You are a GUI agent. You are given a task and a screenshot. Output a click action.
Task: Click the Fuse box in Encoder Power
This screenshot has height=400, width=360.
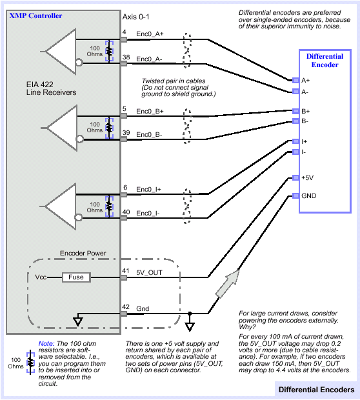(76, 277)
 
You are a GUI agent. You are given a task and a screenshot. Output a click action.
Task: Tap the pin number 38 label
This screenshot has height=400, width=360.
(126, 57)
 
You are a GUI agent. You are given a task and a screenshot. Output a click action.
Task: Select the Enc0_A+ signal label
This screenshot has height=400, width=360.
(150, 34)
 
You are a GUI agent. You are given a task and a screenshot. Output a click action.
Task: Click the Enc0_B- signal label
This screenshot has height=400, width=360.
(149, 134)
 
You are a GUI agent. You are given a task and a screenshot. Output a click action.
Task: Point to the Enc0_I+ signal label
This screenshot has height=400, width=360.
(148, 189)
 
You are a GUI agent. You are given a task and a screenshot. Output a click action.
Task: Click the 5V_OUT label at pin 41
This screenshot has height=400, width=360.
(149, 273)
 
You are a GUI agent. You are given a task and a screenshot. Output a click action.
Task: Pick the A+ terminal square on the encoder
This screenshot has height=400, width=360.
(295, 80)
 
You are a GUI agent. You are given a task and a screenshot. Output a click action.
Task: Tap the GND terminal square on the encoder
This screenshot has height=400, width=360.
(295, 195)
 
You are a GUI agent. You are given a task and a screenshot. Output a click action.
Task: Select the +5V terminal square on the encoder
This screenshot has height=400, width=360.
(295, 177)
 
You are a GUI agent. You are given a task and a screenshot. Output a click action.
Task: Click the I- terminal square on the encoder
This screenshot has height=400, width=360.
(295, 152)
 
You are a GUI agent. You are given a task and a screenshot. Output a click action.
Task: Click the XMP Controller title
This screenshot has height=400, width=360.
(35, 16)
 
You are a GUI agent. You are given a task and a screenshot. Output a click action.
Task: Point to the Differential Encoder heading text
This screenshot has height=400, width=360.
(325, 61)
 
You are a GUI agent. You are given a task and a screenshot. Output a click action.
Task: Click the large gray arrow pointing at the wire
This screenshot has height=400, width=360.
(228, 283)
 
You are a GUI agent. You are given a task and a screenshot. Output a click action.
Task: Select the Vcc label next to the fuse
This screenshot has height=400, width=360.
(41, 277)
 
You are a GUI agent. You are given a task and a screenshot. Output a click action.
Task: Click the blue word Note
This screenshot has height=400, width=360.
(46, 344)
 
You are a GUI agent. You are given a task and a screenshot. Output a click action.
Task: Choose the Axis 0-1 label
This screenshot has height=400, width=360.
(135, 17)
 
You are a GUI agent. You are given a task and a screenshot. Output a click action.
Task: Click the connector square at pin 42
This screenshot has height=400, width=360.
(124, 314)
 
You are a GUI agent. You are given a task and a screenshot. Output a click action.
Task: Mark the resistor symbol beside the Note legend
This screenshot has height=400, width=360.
(30, 362)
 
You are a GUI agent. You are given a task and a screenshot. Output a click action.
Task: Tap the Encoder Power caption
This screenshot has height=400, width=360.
(83, 254)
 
